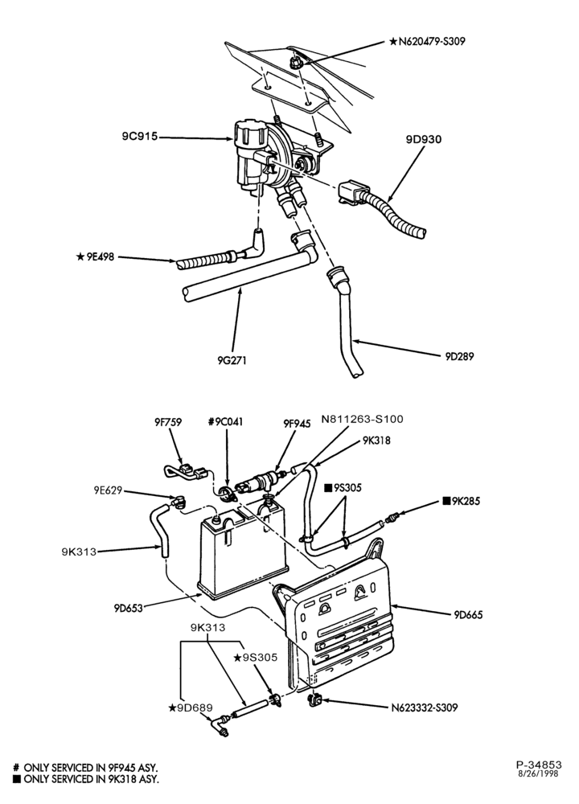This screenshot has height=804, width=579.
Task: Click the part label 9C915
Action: tap(139, 137)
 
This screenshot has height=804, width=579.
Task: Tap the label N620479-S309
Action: tap(427, 42)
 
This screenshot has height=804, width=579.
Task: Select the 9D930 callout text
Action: tap(424, 139)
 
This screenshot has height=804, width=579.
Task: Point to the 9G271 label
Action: tap(232, 360)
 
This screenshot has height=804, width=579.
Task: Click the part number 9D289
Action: tap(459, 356)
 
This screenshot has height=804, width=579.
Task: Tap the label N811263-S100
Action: tap(362, 419)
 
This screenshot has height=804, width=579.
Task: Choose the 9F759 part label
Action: tap(168, 422)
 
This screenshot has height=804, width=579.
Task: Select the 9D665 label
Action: tap(468, 614)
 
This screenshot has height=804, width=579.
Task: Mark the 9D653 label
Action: tap(128, 609)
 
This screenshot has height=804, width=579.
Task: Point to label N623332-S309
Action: tap(424, 708)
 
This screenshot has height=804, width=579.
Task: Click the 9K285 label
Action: tap(462, 501)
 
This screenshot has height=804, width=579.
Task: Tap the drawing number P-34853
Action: tap(539, 765)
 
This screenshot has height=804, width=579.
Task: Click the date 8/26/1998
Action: tap(539, 773)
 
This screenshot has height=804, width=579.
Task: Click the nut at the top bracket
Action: tap(294, 63)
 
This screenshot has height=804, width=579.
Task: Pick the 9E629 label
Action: tap(108, 490)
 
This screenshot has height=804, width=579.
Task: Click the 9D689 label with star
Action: tap(190, 708)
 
